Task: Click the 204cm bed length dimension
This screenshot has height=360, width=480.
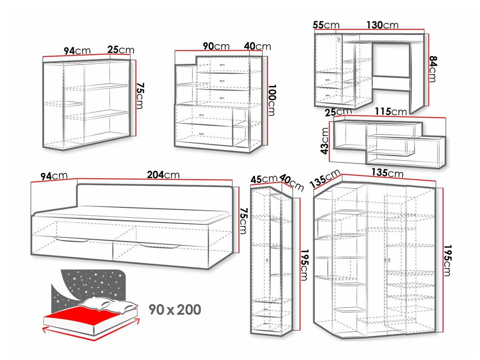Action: (x=163, y=175)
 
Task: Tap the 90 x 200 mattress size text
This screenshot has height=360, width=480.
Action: (x=175, y=310)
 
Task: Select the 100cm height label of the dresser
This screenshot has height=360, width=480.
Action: (x=272, y=100)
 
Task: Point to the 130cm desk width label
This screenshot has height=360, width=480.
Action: (x=382, y=25)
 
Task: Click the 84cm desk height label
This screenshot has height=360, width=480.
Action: (x=433, y=69)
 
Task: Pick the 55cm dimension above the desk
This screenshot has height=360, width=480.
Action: (x=326, y=25)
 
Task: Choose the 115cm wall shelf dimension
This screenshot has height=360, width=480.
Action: (x=391, y=112)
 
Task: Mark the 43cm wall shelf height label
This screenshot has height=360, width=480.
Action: (x=325, y=141)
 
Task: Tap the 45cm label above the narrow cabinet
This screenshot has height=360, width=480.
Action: (x=264, y=179)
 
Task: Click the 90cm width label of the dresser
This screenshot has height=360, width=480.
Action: (x=216, y=46)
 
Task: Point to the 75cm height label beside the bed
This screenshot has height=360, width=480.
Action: (x=243, y=221)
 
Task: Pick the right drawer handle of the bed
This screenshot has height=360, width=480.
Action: (x=158, y=246)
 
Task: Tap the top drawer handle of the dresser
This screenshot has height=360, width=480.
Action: (x=222, y=65)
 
